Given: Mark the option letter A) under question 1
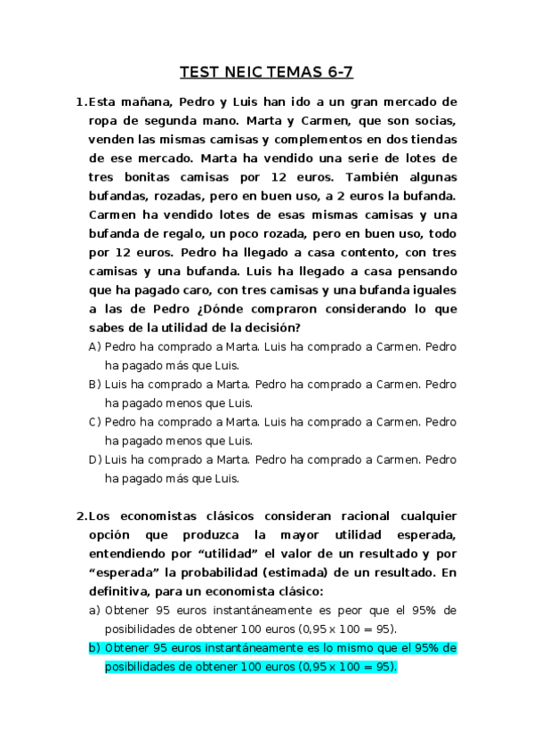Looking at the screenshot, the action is [94, 346].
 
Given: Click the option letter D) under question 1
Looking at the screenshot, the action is [94, 459].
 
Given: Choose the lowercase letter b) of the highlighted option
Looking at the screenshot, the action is [94, 648].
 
